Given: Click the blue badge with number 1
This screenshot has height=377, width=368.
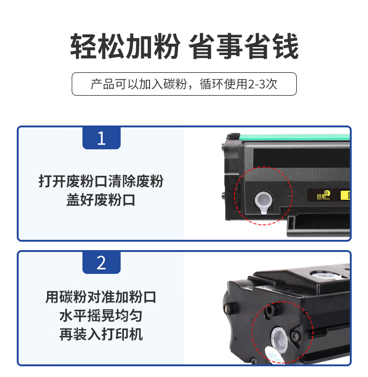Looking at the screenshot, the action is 101,138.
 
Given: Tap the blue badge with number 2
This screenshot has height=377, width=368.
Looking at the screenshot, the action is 101,262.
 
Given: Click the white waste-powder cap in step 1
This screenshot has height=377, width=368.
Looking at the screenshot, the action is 263,202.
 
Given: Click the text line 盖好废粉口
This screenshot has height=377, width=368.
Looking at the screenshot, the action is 101,200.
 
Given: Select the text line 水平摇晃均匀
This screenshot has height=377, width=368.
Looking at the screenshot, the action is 101,315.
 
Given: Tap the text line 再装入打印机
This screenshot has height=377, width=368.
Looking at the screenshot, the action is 101,334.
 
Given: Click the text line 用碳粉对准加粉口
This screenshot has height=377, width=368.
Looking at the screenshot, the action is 101,297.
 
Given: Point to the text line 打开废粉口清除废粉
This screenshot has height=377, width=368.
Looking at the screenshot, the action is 101,181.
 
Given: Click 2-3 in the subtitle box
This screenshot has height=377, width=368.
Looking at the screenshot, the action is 256,84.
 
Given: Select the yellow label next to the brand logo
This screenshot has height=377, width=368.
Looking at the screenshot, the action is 345,195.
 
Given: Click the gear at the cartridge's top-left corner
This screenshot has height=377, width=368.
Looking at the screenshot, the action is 233,137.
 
